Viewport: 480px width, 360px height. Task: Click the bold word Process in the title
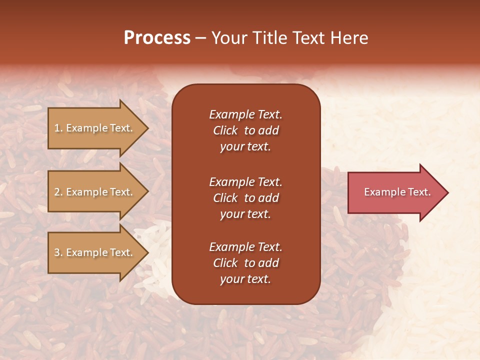coord(157,38)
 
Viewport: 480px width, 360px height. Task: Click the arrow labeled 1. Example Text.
coord(95,128)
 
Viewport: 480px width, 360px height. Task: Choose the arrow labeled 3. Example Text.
coord(95,253)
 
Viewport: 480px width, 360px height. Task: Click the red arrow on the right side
coord(395,192)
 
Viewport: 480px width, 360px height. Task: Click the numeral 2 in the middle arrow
coord(57,192)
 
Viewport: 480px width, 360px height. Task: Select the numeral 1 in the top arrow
coord(57,128)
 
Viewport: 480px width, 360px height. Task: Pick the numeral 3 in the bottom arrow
coord(57,253)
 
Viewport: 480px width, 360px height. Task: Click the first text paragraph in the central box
coord(245,130)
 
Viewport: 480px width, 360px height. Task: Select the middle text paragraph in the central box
coord(245,198)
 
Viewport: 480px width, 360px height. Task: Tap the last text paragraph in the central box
coord(245,263)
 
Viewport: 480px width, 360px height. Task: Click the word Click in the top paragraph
coord(225,130)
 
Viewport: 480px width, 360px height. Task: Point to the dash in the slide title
coord(200,38)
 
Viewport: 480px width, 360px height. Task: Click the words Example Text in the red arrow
coord(397,192)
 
